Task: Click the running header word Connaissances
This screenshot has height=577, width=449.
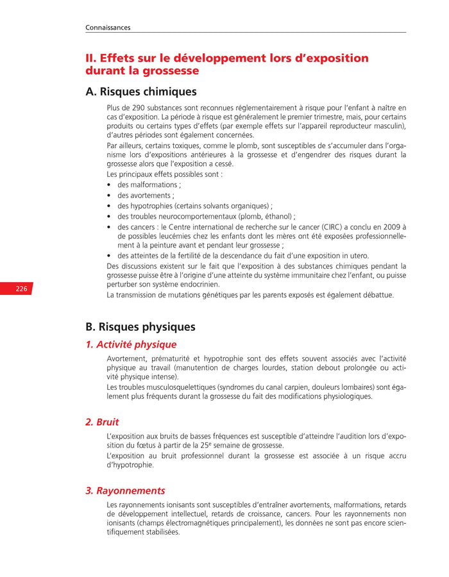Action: coord(108,28)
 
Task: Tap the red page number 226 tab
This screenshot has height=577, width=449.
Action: coord(22,289)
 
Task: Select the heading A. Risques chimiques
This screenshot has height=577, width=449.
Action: coord(140,92)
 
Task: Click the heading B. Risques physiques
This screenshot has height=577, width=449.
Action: coord(140,327)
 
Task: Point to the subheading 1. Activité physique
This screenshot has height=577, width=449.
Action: coord(131,345)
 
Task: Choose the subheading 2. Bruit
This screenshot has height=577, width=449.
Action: coord(102,422)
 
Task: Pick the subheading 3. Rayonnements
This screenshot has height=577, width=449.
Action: coord(125,490)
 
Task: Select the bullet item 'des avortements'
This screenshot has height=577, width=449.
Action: coord(146,196)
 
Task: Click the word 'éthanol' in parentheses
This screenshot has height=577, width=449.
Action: coord(278,217)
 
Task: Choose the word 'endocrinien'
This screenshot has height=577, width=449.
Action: coord(199,284)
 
